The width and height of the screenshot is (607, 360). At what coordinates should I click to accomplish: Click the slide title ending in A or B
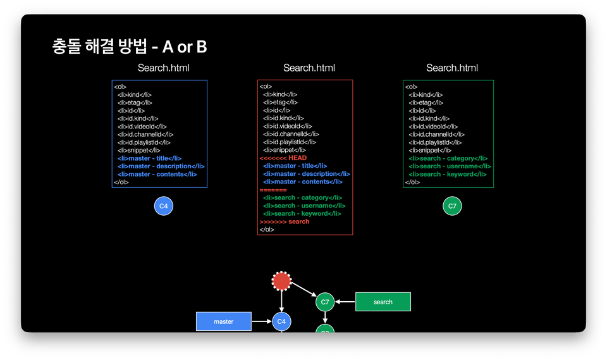click(x=129, y=46)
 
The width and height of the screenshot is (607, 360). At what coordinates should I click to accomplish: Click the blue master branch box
click(x=224, y=321)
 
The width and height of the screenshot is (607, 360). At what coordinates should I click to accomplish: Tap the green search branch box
click(x=383, y=302)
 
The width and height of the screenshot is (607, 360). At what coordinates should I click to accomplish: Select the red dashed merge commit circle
click(x=281, y=281)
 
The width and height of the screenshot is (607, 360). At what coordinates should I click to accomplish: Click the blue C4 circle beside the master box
click(x=281, y=321)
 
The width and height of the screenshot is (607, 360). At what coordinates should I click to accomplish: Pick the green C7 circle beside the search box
click(x=325, y=302)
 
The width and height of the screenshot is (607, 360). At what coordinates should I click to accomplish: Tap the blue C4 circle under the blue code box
click(x=164, y=206)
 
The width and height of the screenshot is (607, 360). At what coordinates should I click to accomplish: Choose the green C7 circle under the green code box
click(x=452, y=206)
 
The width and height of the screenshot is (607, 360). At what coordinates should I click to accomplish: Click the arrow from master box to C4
click(x=262, y=321)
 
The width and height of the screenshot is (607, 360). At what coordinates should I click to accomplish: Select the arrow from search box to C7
click(x=345, y=302)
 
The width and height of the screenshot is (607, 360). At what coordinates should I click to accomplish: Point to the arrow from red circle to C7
click(x=304, y=290)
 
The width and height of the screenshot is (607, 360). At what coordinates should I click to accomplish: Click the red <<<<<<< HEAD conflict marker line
click(x=283, y=158)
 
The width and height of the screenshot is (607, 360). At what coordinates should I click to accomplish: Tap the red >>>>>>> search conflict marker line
click(x=285, y=221)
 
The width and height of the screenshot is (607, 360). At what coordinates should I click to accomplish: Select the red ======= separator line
click(x=273, y=190)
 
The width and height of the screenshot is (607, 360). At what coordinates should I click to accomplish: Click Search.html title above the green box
click(x=452, y=68)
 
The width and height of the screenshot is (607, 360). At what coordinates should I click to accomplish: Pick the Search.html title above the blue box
click(x=163, y=68)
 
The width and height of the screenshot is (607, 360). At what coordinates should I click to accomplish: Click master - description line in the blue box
click(x=161, y=166)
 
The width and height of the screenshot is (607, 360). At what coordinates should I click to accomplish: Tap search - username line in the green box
click(x=450, y=166)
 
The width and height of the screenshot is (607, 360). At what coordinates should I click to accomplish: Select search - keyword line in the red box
click(x=302, y=213)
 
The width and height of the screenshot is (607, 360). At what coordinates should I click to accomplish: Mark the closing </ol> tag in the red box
click(x=267, y=230)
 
